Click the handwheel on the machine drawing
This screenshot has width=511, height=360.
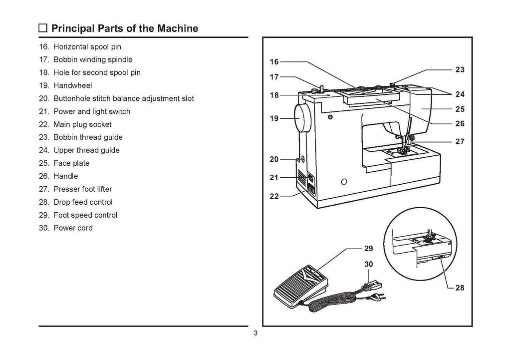(x=302, y=119)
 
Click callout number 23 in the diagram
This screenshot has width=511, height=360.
(x=460, y=70)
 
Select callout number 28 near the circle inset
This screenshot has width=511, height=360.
(x=460, y=288)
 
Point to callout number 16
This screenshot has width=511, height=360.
(x=274, y=62)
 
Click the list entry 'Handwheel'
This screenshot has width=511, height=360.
(x=72, y=85)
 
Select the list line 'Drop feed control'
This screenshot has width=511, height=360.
(x=83, y=202)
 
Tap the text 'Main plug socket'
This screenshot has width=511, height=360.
(x=82, y=124)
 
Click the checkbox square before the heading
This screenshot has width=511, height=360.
(x=43, y=28)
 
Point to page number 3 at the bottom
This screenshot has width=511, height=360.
(x=255, y=334)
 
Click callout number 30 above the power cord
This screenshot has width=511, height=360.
(x=368, y=264)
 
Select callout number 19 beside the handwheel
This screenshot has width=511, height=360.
(x=274, y=119)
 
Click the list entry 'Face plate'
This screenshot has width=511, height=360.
(x=71, y=163)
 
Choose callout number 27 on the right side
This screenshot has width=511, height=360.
(x=460, y=141)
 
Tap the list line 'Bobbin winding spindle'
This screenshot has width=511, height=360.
(x=93, y=59)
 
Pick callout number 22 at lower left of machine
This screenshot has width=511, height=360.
(x=274, y=196)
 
